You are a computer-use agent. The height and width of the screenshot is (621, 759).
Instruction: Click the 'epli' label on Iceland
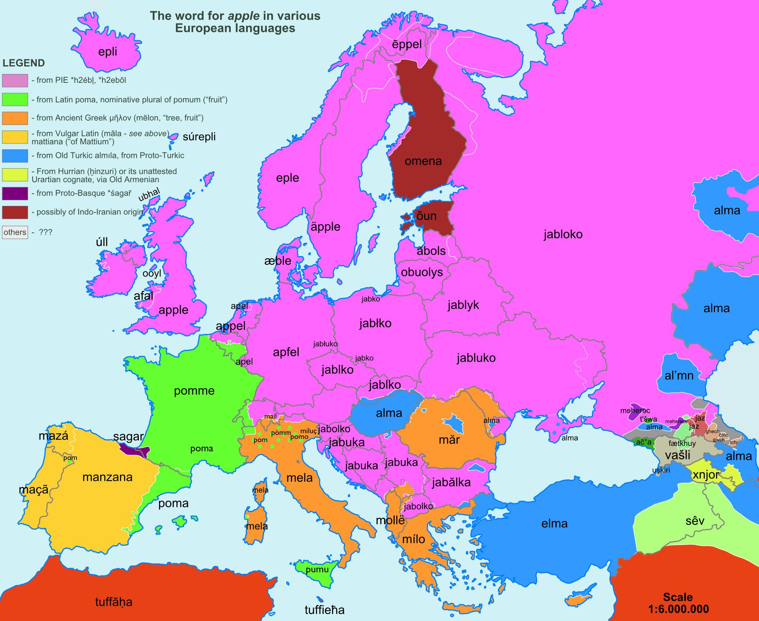click(x=107, y=52)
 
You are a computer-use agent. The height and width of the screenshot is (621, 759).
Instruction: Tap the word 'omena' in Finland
click(x=423, y=161)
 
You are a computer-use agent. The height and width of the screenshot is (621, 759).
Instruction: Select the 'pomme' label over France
click(x=194, y=391)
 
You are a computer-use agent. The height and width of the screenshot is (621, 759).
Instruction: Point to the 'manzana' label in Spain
click(x=107, y=477)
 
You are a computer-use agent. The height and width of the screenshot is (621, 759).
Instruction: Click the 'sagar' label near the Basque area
click(x=128, y=437)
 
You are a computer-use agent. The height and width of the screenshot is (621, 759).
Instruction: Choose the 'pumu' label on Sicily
click(x=317, y=569)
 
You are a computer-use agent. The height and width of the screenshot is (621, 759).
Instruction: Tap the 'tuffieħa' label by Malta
click(x=324, y=610)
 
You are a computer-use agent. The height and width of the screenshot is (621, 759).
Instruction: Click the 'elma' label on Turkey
click(x=554, y=524)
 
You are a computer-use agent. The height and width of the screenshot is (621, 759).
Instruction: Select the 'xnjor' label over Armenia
click(x=705, y=475)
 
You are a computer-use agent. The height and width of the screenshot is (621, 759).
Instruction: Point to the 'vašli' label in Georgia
click(x=678, y=455)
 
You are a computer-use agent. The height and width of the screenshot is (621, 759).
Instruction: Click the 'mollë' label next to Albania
click(x=390, y=520)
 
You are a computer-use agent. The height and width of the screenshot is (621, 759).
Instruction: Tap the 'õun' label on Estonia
click(x=427, y=216)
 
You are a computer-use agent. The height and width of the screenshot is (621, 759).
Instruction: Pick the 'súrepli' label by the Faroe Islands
click(x=199, y=137)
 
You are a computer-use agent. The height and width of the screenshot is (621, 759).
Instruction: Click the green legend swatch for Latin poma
click(x=15, y=100)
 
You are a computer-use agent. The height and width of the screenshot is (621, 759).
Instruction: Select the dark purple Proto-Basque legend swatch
click(x=15, y=193)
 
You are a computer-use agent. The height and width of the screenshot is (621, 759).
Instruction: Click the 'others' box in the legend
click(x=15, y=232)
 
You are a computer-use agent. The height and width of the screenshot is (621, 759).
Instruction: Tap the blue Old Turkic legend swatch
click(x=15, y=156)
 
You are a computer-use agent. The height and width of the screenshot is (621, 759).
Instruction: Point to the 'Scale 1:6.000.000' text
click(x=678, y=603)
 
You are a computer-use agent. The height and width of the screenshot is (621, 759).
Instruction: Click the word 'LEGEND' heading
click(x=24, y=63)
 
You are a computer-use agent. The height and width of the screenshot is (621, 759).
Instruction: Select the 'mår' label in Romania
click(x=449, y=440)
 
